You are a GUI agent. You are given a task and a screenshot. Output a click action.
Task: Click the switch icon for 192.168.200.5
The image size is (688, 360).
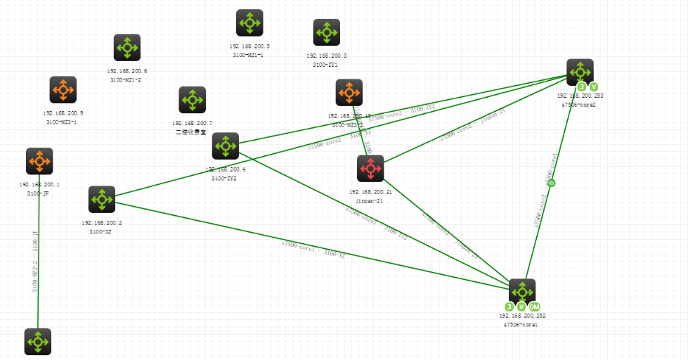(249, 22)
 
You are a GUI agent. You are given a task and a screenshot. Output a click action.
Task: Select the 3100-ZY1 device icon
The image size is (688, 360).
(326, 32)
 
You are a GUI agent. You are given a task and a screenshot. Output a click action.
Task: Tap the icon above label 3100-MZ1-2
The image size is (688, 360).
(127, 48)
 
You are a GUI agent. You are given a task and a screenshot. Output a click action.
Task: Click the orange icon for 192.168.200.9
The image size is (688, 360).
(63, 90)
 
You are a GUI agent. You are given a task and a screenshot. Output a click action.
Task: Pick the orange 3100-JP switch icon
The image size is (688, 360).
(39, 161)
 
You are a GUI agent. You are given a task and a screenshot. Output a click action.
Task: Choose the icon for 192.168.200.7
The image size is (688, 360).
(192, 100)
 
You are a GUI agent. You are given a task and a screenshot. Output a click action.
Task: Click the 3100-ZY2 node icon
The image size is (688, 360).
(226, 146)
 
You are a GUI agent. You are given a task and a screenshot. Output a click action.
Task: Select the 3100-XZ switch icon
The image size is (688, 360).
(102, 200)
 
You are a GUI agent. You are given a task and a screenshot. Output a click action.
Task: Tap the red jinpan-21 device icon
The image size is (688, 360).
(370, 169)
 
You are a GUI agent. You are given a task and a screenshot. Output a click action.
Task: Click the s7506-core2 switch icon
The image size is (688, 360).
(580, 72)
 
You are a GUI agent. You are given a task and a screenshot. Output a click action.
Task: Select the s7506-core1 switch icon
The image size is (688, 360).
(522, 292)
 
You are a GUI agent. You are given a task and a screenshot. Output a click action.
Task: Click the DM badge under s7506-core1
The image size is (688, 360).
(535, 307)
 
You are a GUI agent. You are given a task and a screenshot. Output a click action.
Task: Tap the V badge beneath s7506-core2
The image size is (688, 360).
(594, 86)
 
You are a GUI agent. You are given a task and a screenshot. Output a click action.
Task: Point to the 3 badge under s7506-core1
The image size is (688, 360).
(509, 307)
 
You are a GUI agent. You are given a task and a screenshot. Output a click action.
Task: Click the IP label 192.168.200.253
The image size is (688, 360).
(580, 96)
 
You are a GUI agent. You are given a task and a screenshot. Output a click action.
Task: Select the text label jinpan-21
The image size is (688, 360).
(370, 200)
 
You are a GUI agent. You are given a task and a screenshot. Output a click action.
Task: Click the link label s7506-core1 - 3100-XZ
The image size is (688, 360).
(313, 250)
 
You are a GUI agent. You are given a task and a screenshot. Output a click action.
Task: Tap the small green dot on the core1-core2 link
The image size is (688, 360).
(552, 183)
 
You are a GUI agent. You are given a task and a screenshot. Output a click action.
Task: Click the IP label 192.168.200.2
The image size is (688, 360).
(102, 223)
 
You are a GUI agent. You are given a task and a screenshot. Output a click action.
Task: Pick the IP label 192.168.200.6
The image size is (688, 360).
(127, 71)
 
